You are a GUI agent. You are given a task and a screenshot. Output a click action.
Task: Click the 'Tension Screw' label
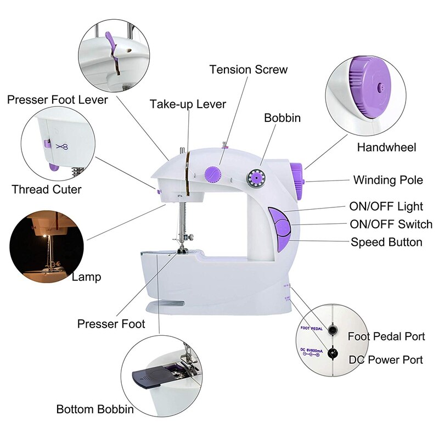click(x=248, y=70)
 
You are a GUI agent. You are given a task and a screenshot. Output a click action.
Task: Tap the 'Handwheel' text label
click(x=386, y=147)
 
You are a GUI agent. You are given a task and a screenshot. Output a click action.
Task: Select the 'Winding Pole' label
click(x=388, y=180)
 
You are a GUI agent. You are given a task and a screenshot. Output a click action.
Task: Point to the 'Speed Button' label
click(x=386, y=242)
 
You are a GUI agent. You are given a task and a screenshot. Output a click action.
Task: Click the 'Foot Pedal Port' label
click(x=386, y=336)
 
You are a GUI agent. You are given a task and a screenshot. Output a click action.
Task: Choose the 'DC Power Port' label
click(x=386, y=359)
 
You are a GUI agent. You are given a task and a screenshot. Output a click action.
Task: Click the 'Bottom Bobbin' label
click(x=95, y=409)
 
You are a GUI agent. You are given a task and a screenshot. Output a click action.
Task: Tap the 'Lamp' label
click(x=87, y=277)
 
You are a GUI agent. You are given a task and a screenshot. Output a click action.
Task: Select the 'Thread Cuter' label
click(x=47, y=189)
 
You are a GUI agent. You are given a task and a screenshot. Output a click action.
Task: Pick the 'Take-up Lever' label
click(x=188, y=104)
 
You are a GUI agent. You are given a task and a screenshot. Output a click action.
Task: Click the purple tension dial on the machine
click(x=211, y=175)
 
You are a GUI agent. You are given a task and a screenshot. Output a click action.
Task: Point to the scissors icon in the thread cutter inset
click(x=62, y=146)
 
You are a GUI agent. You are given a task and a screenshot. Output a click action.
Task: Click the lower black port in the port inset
click(x=332, y=353)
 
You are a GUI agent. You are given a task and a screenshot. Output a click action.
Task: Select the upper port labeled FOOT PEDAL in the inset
click(x=333, y=329)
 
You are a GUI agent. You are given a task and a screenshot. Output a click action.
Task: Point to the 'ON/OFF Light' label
click(x=386, y=206)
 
